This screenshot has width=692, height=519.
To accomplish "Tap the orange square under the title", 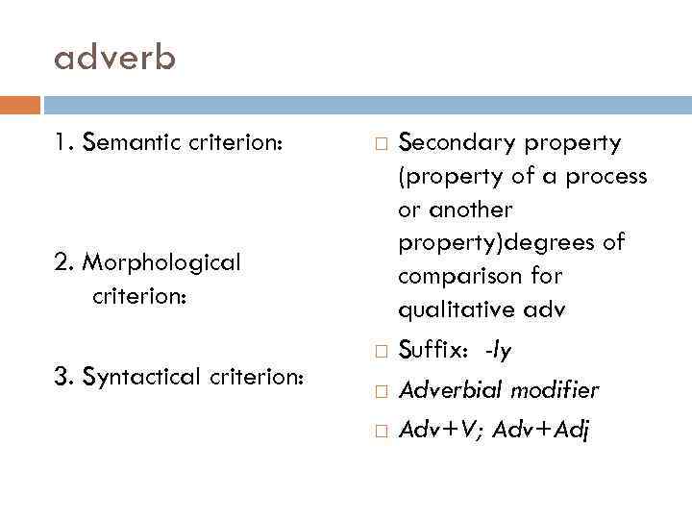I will [20, 104].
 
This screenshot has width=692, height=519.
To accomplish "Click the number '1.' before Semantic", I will [63, 143].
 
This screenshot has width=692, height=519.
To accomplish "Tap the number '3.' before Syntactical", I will [64, 377].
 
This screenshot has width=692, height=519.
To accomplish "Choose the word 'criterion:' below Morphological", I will [138, 296].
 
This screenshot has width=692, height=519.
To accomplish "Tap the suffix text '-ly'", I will [498, 351].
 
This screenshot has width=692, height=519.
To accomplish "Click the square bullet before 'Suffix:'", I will [380, 352].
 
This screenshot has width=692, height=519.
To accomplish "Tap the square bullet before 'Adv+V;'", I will [380, 431].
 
